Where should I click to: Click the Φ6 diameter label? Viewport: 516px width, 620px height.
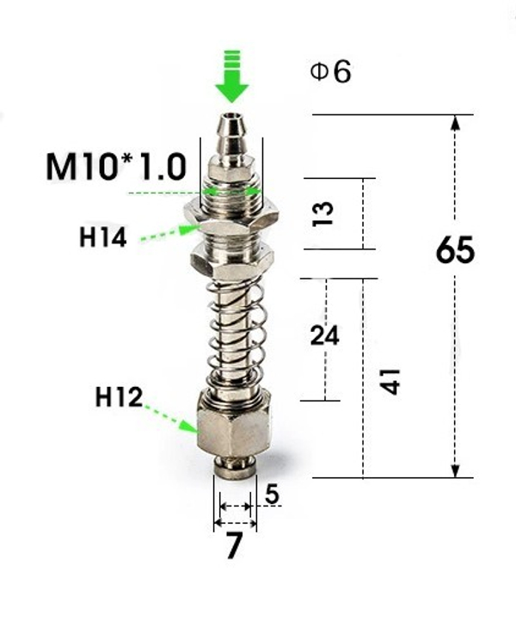pyautogui.click(x=330, y=72)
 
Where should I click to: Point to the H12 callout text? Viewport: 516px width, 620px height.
pyautogui.click(x=119, y=397)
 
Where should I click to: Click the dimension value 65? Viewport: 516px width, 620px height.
pyautogui.click(x=455, y=251)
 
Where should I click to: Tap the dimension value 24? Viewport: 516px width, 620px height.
pyautogui.click(x=324, y=335)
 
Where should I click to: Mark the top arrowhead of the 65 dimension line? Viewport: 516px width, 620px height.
pyautogui.click(x=456, y=122)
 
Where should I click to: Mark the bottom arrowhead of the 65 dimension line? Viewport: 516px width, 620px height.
pyautogui.click(x=456, y=470)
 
